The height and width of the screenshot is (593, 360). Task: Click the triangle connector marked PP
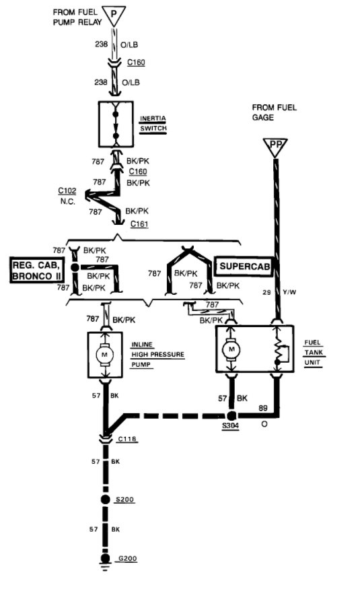pyautogui.click(x=275, y=147)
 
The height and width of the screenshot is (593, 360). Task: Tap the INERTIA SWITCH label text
pyautogui.click(x=152, y=125)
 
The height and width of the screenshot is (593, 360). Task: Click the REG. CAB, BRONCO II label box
pyautogui.click(x=37, y=270)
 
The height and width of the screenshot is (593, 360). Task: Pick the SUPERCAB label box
pyautogui.click(x=243, y=267)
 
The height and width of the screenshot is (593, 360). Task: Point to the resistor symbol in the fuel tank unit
pyautogui.click(x=279, y=351)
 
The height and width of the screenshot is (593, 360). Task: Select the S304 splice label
pyautogui.click(x=231, y=427)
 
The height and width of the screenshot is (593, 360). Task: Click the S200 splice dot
pyautogui.click(x=105, y=500)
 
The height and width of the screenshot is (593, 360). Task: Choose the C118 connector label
pyautogui.click(x=127, y=439)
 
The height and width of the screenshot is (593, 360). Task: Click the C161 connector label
pyautogui.click(x=139, y=223)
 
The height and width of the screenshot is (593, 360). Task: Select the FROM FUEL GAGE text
pyautogui.click(x=275, y=112)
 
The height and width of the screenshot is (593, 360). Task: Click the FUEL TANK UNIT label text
pyautogui.click(x=313, y=352)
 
